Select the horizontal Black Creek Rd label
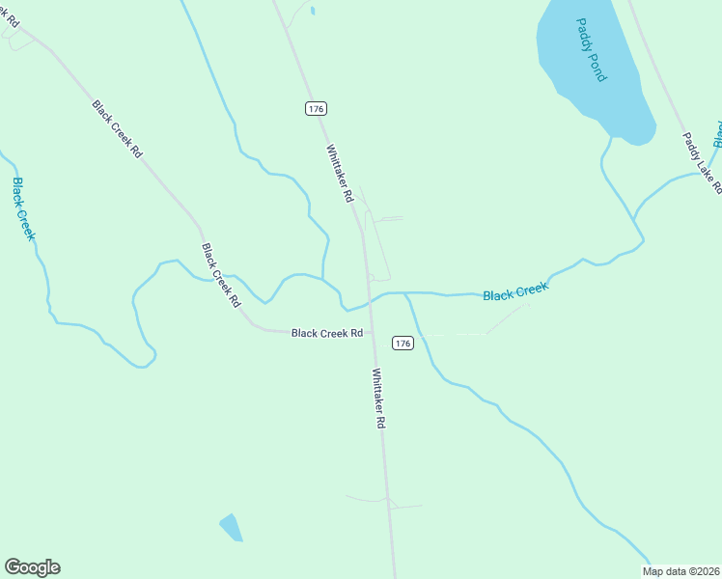327,333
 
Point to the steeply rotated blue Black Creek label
23,208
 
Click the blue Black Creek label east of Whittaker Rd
515,291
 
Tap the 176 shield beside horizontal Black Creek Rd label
403,344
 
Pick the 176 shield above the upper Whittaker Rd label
316,108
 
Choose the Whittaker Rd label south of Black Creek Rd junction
379,399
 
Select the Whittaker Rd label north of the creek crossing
340,174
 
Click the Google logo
32,567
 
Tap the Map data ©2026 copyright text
681,571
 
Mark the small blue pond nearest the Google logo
231,527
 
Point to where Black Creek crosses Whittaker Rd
369,299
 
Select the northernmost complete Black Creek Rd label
118,128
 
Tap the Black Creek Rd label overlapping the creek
221,275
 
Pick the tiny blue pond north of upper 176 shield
313,12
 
